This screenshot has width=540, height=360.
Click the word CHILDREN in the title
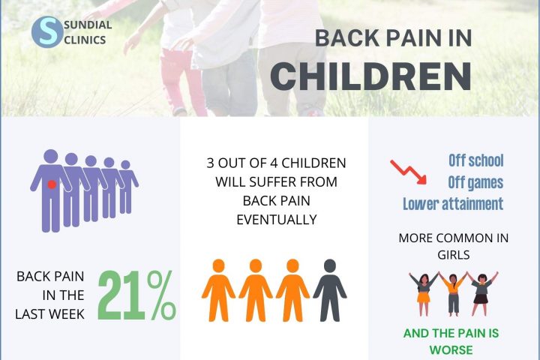pos(370,75)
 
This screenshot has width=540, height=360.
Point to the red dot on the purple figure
pos(51,184)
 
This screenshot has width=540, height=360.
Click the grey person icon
pos(329,291)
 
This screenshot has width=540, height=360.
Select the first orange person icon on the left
pos(218,291)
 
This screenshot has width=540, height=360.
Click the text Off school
pos(475,160)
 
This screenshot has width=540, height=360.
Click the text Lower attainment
pos(452,204)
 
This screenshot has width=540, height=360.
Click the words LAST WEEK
pos(50,313)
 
